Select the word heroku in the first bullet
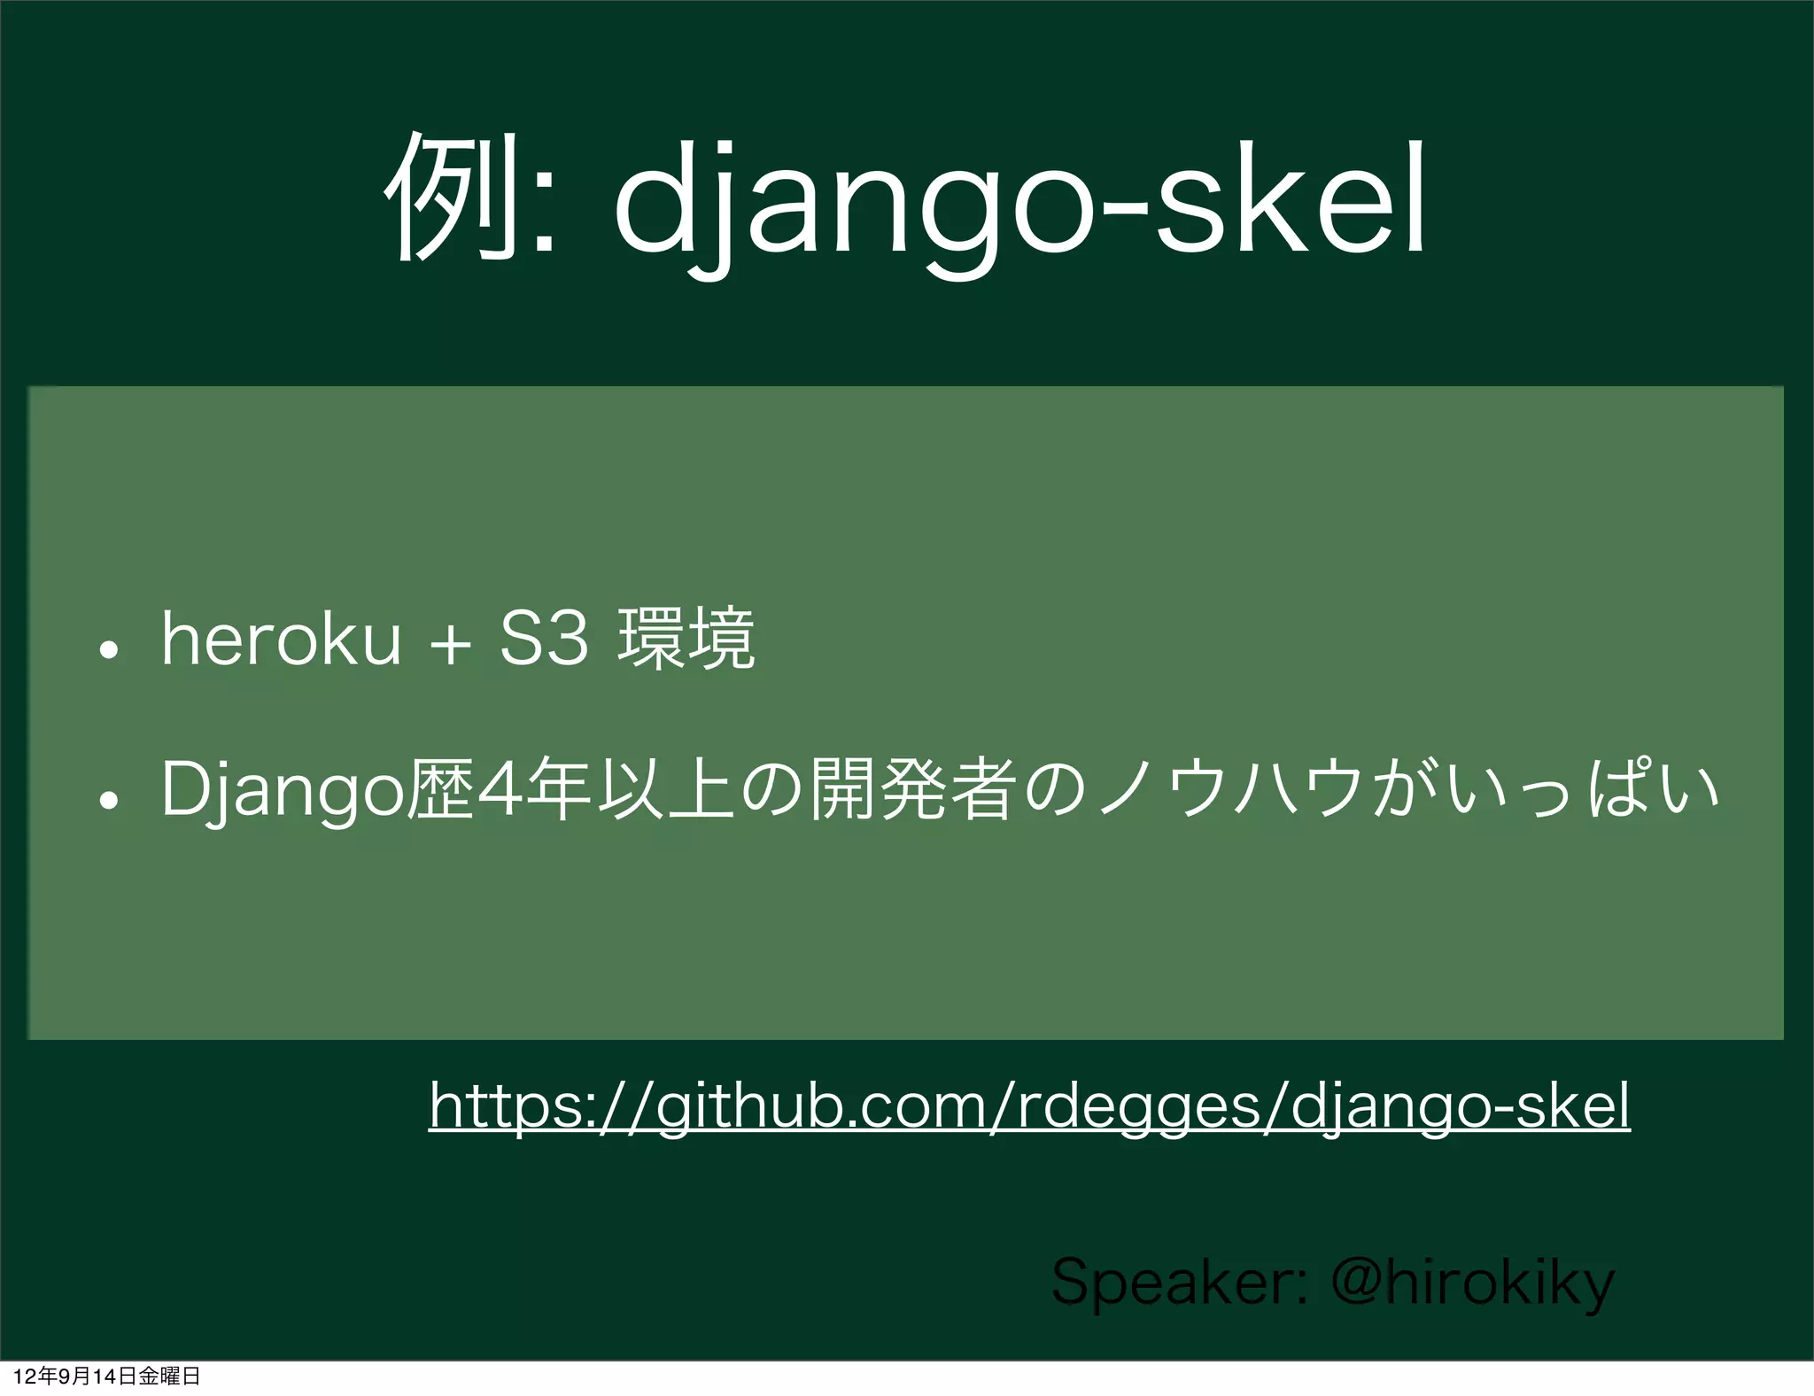pos(281,640)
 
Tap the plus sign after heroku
pos(451,643)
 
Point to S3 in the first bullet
pos(544,640)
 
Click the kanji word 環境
pos(686,640)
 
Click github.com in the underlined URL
pos(818,1105)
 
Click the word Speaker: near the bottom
pos(1178,1283)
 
